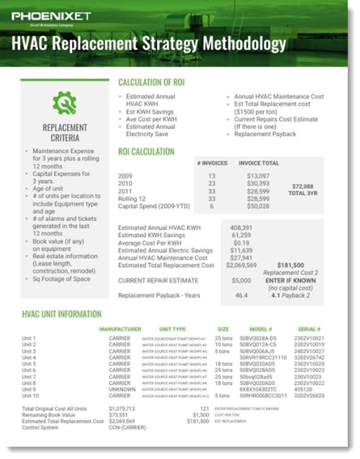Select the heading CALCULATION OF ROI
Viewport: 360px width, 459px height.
click(158, 83)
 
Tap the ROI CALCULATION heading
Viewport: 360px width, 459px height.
click(146, 152)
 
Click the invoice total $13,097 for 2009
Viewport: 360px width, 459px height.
click(258, 176)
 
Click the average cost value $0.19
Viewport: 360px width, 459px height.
click(242, 242)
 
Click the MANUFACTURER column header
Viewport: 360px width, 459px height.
click(125, 329)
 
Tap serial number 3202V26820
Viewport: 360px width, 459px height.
click(315, 396)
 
